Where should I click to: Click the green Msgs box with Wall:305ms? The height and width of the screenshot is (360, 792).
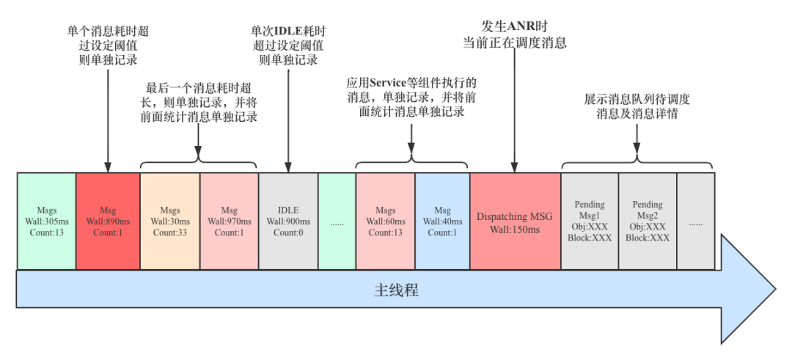point(46,221)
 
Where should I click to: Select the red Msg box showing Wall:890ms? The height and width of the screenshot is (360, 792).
point(108,221)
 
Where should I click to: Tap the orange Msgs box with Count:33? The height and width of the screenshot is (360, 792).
point(170,221)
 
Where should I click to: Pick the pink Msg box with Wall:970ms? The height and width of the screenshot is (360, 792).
point(230,221)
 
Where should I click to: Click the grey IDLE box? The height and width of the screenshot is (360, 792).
point(288,221)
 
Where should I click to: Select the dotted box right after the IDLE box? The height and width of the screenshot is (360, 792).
point(337,221)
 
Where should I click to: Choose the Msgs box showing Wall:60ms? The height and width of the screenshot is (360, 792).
point(386,221)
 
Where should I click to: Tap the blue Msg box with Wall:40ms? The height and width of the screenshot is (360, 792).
point(442,221)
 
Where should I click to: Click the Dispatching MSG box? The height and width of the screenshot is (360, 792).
point(515,221)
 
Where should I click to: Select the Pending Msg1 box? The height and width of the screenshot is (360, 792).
point(590,221)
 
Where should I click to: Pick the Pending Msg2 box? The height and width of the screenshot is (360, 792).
point(648,221)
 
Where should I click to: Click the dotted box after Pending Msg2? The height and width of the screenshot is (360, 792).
point(695,221)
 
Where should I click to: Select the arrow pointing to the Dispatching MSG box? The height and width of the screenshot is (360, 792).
point(515,110)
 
